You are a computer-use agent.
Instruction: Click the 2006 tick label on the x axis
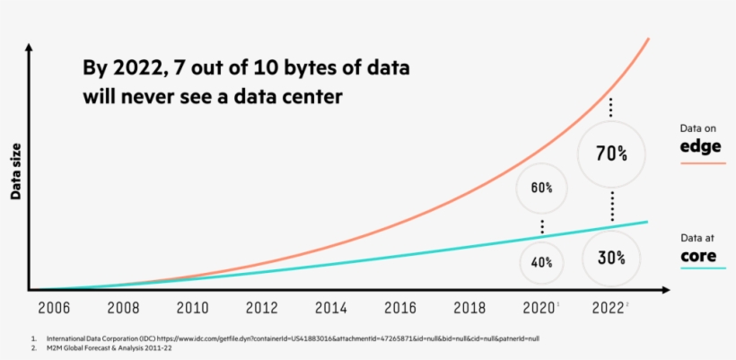pyautogui.click(x=55, y=308)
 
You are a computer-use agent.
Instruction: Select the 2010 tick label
pyautogui.click(x=193, y=308)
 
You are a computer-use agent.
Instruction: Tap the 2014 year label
pyautogui.click(x=331, y=308)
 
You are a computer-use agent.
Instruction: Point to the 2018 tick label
pyautogui.click(x=469, y=308)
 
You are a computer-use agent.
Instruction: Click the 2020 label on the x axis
pyautogui.click(x=538, y=308)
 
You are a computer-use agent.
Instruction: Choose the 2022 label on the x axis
pyautogui.click(x=608, y=308)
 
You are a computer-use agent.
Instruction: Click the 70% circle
pyautogui.click(x=611, y=154)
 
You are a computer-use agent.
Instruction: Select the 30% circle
pyautogui.click(x=611, y=256)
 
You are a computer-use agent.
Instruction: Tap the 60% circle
pyautogui.click(x=541, y=188)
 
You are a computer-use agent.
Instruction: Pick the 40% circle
pyautogui.click(x=541, y=262)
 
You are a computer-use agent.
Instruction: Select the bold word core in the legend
pyautogui.click(x=697, y=255)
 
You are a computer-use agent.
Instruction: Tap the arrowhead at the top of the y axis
pyautogui.click(x=30, y=46)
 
